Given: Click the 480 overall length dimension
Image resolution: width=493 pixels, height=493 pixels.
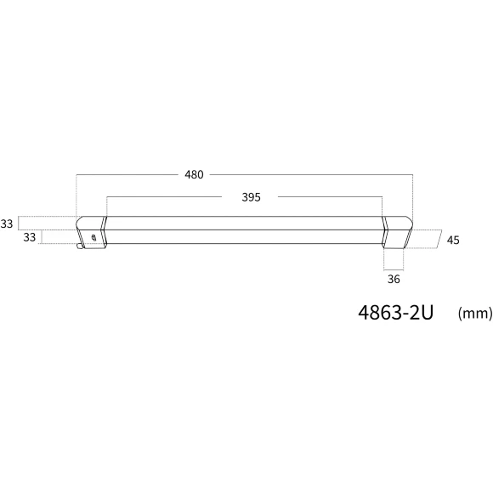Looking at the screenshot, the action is point(194,175).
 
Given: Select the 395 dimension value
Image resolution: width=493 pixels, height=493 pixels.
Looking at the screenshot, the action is point(252,197).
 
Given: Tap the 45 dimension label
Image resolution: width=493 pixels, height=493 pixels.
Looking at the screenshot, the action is point(453,241).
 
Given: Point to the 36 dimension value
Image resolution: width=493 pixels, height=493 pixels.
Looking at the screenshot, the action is point(394,279).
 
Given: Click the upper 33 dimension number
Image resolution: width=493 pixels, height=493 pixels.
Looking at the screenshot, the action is point(6,224).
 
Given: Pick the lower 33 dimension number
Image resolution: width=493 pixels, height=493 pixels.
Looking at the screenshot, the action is point(30,237).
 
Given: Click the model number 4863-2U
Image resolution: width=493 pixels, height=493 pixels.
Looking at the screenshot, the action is point(396,313).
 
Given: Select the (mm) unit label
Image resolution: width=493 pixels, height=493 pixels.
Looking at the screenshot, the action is point(475,314).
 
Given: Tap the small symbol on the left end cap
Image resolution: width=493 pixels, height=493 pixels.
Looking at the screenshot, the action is point(93,238).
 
